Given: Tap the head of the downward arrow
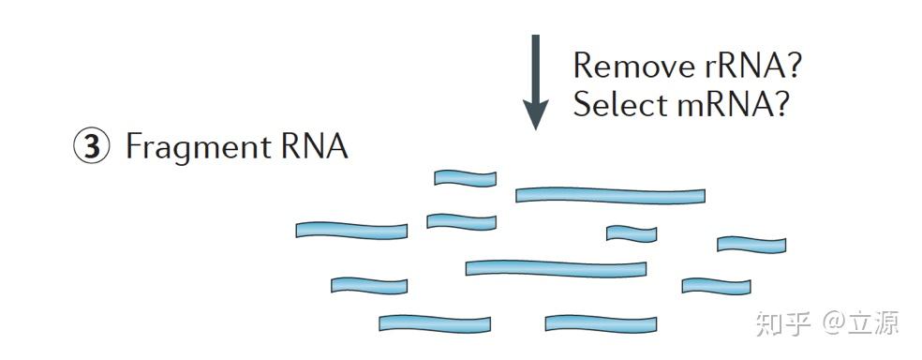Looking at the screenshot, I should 535,117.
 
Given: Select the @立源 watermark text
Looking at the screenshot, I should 861,322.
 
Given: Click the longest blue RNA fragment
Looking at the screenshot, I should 610,195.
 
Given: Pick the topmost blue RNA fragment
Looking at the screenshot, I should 465,178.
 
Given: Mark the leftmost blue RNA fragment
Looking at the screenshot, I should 351,230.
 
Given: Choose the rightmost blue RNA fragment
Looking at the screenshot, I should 751,245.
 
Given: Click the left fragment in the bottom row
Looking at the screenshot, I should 435,323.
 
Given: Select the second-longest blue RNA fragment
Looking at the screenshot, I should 556,268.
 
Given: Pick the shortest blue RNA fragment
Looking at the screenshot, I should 631,232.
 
